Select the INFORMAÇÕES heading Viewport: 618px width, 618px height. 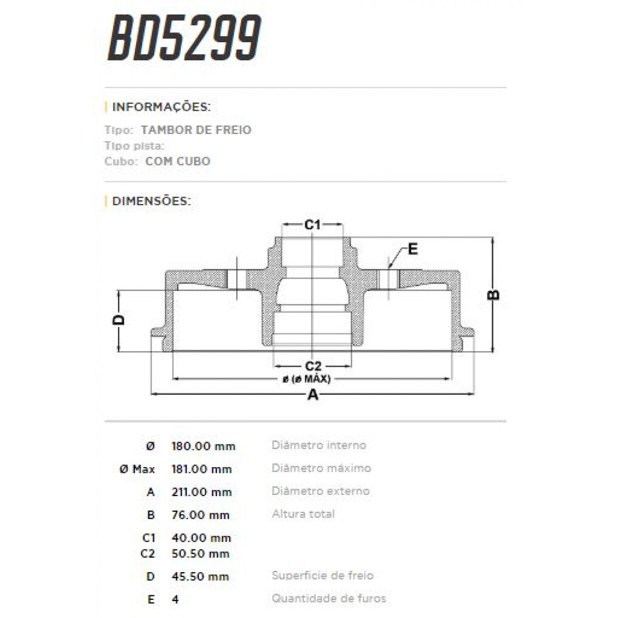[161, 107]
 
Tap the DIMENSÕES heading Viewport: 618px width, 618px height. [151, 201]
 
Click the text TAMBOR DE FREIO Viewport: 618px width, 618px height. [196, 130]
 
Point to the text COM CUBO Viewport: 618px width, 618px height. [178, 161]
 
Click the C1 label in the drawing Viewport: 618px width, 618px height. [313, 225]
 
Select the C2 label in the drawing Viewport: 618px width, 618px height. [313, 366]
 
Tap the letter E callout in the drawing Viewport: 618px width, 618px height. [413, 250]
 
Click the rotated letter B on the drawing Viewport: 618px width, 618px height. [493, 295]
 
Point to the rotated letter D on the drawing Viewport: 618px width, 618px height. [119, 320]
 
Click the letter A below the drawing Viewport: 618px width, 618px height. [313, 396]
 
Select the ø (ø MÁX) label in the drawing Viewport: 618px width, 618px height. [306, 379]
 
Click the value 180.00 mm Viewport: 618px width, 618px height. [203, 446]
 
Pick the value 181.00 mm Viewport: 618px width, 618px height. [201, 469]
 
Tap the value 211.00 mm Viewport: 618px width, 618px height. [201, 492]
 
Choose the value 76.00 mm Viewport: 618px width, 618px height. [200, 515]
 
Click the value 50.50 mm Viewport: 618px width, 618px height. [200, 554]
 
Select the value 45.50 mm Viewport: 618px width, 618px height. [200, 576]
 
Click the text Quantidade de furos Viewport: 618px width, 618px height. [329, 598]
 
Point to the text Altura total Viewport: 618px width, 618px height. [303, 514]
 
